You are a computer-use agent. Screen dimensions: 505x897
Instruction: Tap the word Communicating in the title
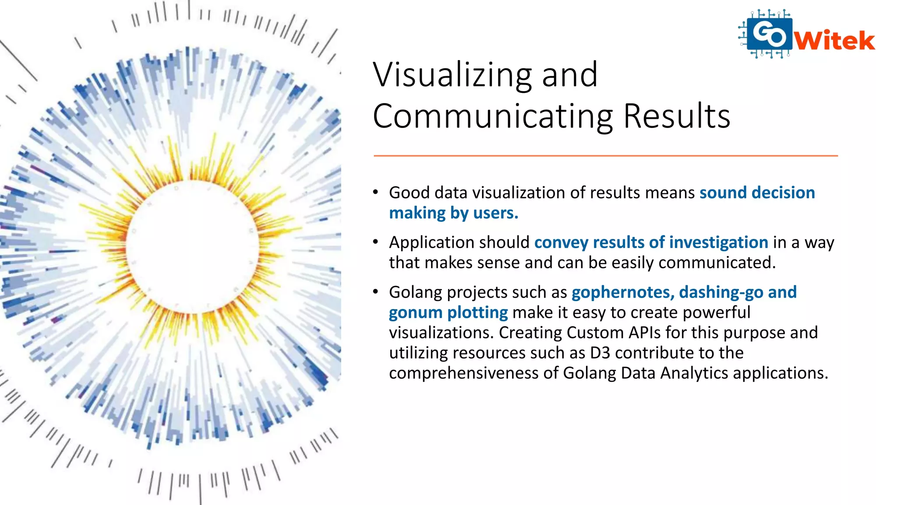pos(493,117)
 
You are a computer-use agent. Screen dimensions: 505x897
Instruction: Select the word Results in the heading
pos(676,117)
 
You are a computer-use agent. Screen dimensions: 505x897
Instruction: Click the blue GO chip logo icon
pos(769,34)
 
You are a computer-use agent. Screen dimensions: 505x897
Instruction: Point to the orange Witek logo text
pos(834,41)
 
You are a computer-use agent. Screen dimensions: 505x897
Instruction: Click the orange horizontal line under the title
pos(605,156)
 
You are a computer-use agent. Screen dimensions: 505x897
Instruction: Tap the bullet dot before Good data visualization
pos(376,192)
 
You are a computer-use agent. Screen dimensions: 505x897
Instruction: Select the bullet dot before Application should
pos(376,242)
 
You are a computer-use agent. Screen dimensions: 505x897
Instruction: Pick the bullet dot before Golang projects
pos(376,292)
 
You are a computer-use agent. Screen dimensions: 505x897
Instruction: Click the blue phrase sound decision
pos(757,193)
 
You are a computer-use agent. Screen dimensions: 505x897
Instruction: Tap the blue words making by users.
pos(453,213)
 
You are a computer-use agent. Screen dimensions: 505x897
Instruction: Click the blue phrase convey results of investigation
pos(651,242)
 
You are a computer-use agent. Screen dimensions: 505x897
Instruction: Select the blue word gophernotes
pos(622,292)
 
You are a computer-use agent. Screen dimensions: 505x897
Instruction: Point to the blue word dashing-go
pos(721,292)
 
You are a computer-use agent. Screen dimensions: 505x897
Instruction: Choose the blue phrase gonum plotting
pos(448,313)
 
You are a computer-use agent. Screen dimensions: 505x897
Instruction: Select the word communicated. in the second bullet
pos(717,263)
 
